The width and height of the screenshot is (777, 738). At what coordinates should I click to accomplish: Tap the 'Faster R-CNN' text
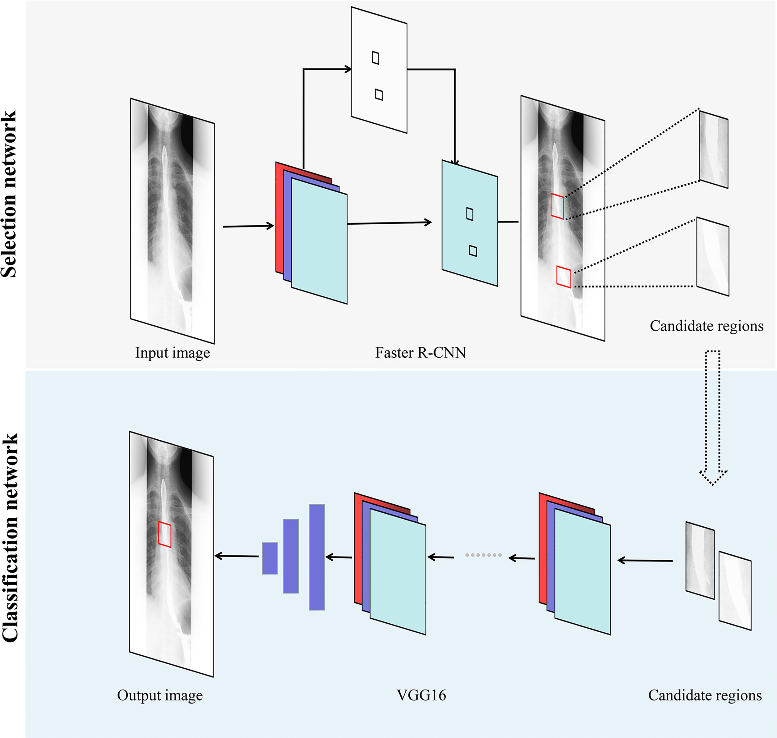(x=420, y=352)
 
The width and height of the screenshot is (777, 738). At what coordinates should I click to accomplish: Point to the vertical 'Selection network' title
(x=9, y=194)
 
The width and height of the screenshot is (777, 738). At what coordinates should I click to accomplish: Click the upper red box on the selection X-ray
(x=557, y=206)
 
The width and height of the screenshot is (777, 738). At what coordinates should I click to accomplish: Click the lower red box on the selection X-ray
(x=563, y=277)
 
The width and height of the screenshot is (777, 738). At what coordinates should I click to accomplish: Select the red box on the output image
(x=164, y=534)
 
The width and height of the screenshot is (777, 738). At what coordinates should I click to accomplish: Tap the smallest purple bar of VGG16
(x=270, y=558)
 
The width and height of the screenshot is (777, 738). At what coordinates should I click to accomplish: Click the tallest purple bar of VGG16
(x=317, y=557)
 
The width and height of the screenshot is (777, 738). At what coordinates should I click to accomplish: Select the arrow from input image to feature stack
(x=248, y=226)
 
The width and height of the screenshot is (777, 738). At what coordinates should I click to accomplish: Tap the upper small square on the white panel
(x=375, y=58)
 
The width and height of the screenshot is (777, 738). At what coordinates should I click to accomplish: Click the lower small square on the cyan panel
(x=473, y=251)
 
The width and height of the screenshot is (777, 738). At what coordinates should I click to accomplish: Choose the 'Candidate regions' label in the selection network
(x=706, y=326)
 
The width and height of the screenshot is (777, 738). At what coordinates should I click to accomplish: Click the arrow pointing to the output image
(x=236, y=556)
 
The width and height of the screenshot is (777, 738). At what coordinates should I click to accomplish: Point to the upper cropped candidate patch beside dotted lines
(x=714, y=149)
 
